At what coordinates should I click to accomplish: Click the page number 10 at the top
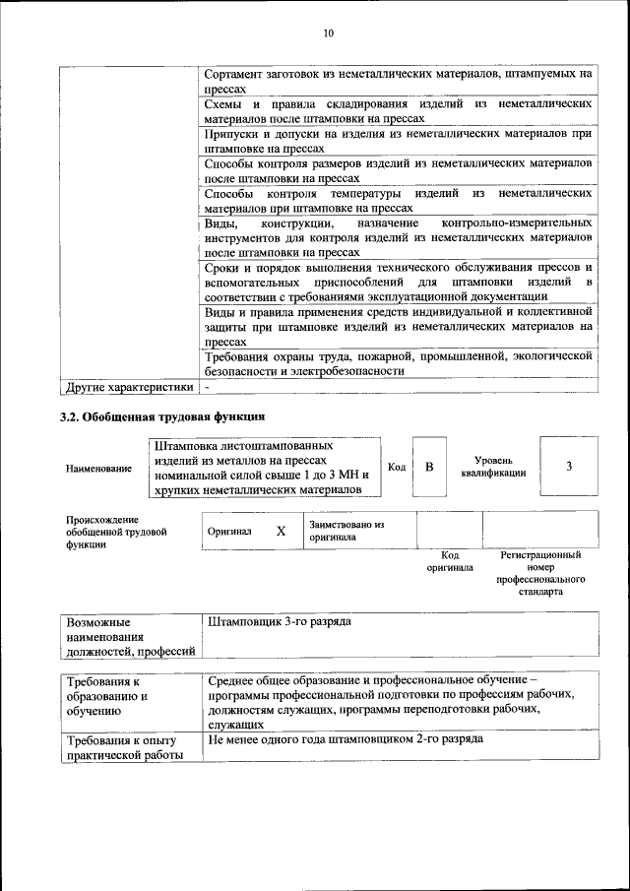[x=329, y=33]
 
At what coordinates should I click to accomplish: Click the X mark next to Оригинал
[x=281, y=531]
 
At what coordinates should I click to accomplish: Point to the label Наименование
[x=98, y=469]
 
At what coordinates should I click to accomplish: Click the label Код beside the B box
[x=397, y=467]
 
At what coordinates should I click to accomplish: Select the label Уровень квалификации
[x=492, y=467]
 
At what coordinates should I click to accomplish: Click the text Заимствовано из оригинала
[x=346, y=532]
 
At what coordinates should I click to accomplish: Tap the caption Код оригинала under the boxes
[x=449, y=561]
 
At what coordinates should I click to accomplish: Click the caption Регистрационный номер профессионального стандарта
[x=540, y=574]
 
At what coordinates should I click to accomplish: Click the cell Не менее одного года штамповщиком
[x=345, y=738]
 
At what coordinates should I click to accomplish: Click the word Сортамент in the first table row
[x=236, y=74]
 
